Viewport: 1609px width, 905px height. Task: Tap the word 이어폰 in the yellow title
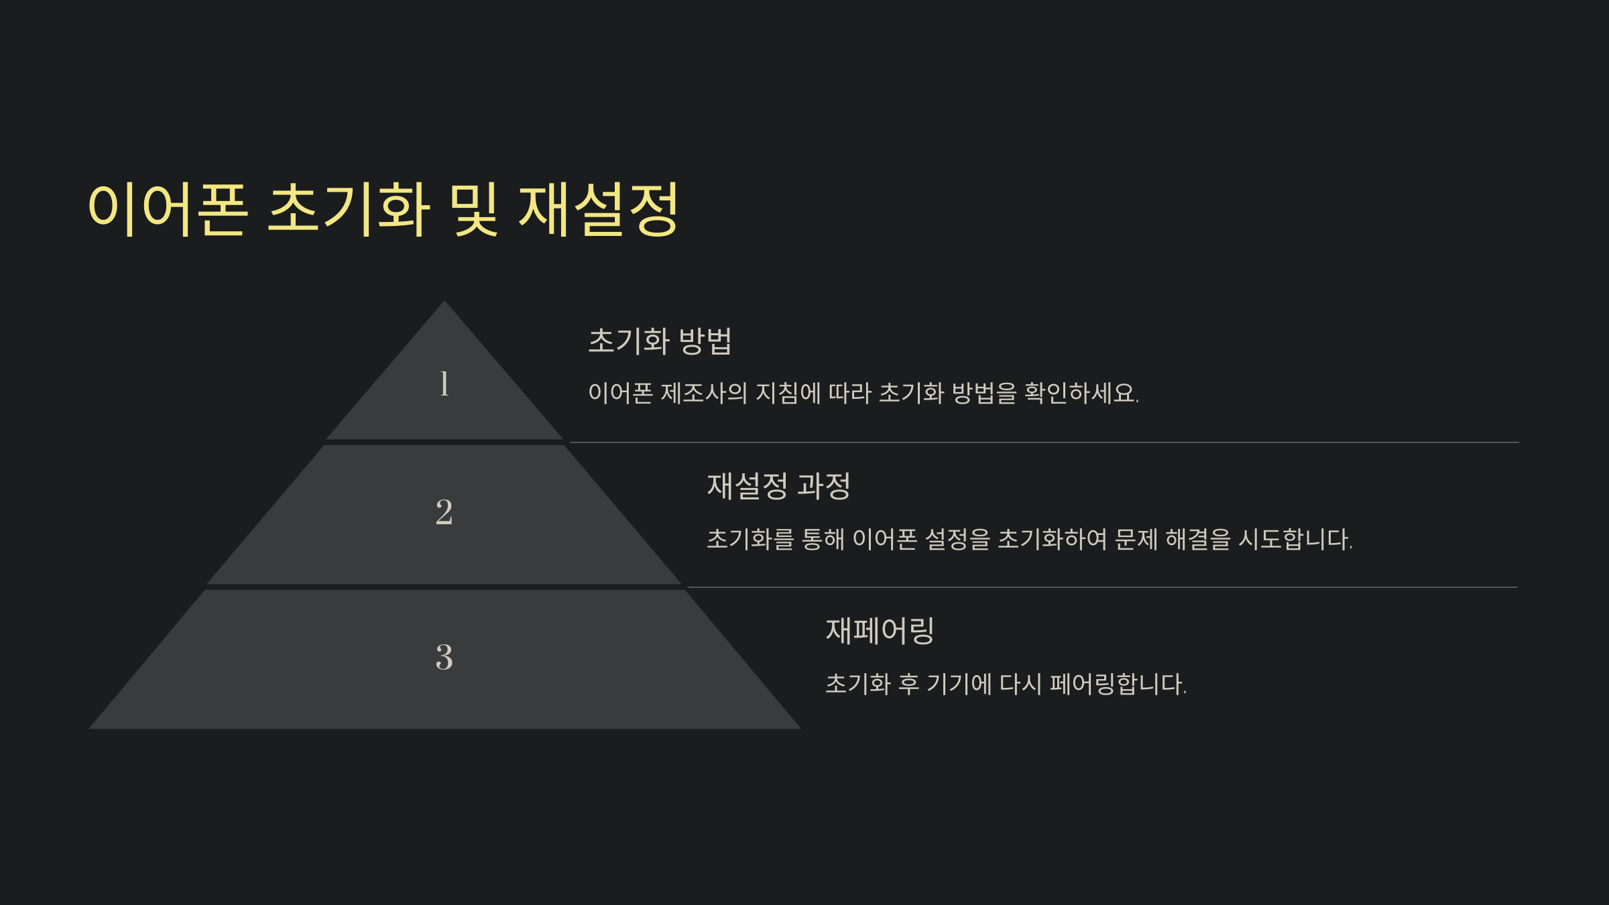(168, 209)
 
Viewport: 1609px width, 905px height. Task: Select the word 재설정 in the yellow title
(599, 209)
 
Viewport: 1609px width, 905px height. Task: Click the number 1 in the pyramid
(444, 384)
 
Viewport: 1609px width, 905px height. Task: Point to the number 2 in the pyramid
(444, 513)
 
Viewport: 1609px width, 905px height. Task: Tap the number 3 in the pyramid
(444, 657)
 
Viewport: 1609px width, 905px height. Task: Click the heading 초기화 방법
(660, 341)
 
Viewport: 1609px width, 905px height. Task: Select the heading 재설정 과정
(778, 486)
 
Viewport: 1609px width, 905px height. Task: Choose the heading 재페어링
(880, 631)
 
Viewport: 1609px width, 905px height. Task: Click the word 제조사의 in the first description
(704, 394)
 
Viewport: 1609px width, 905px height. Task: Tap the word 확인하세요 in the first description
(1081, 394)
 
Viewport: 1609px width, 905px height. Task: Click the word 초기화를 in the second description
(750, 540)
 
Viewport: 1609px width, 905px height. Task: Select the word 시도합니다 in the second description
(1295, 540)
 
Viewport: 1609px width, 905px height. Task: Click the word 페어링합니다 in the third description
(1118, 684)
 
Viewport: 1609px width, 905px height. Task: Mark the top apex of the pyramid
(444, 303)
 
